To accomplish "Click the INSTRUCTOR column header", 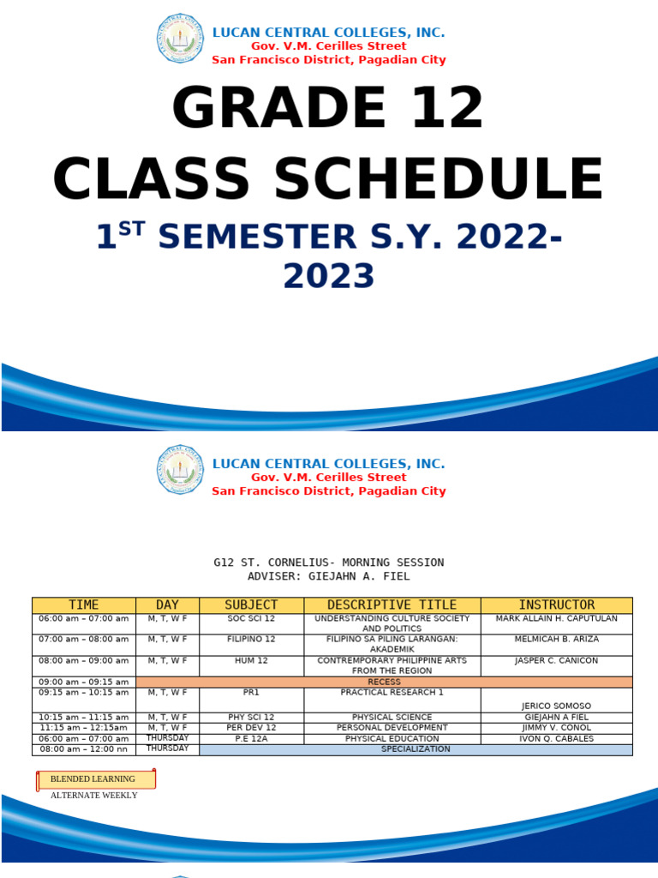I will point(556,605).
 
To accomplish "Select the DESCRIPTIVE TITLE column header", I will point(392,605).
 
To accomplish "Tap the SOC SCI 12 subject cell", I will point(251,618).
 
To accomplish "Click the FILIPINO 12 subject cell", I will point(251,640).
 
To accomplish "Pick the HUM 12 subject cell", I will point(251,661).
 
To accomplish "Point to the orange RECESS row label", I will point(384,683).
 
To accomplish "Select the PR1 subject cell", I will point(251,693).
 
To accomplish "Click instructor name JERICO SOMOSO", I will point(556,707).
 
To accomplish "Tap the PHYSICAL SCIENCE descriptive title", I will point(392,718).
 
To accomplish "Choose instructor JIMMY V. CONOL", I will point(556,728).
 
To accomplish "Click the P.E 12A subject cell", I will point(251,739).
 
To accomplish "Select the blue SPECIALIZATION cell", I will point(416,749).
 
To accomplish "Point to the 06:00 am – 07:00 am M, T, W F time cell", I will point(84,618).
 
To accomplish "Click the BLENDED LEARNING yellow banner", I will point(95,779).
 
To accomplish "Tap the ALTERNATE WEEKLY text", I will point(93,796).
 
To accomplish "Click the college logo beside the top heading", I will point(180,39).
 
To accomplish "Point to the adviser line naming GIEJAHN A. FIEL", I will point(328,577).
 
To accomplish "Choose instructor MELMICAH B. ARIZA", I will point(556,640).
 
